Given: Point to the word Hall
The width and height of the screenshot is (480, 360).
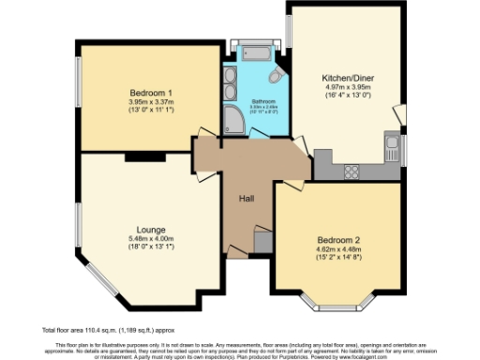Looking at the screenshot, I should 246,198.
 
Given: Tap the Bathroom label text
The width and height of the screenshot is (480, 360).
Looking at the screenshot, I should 262,100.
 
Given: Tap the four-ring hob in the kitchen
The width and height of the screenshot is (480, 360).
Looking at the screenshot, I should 354,171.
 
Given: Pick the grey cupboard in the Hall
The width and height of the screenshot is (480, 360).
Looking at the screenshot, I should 263,242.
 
